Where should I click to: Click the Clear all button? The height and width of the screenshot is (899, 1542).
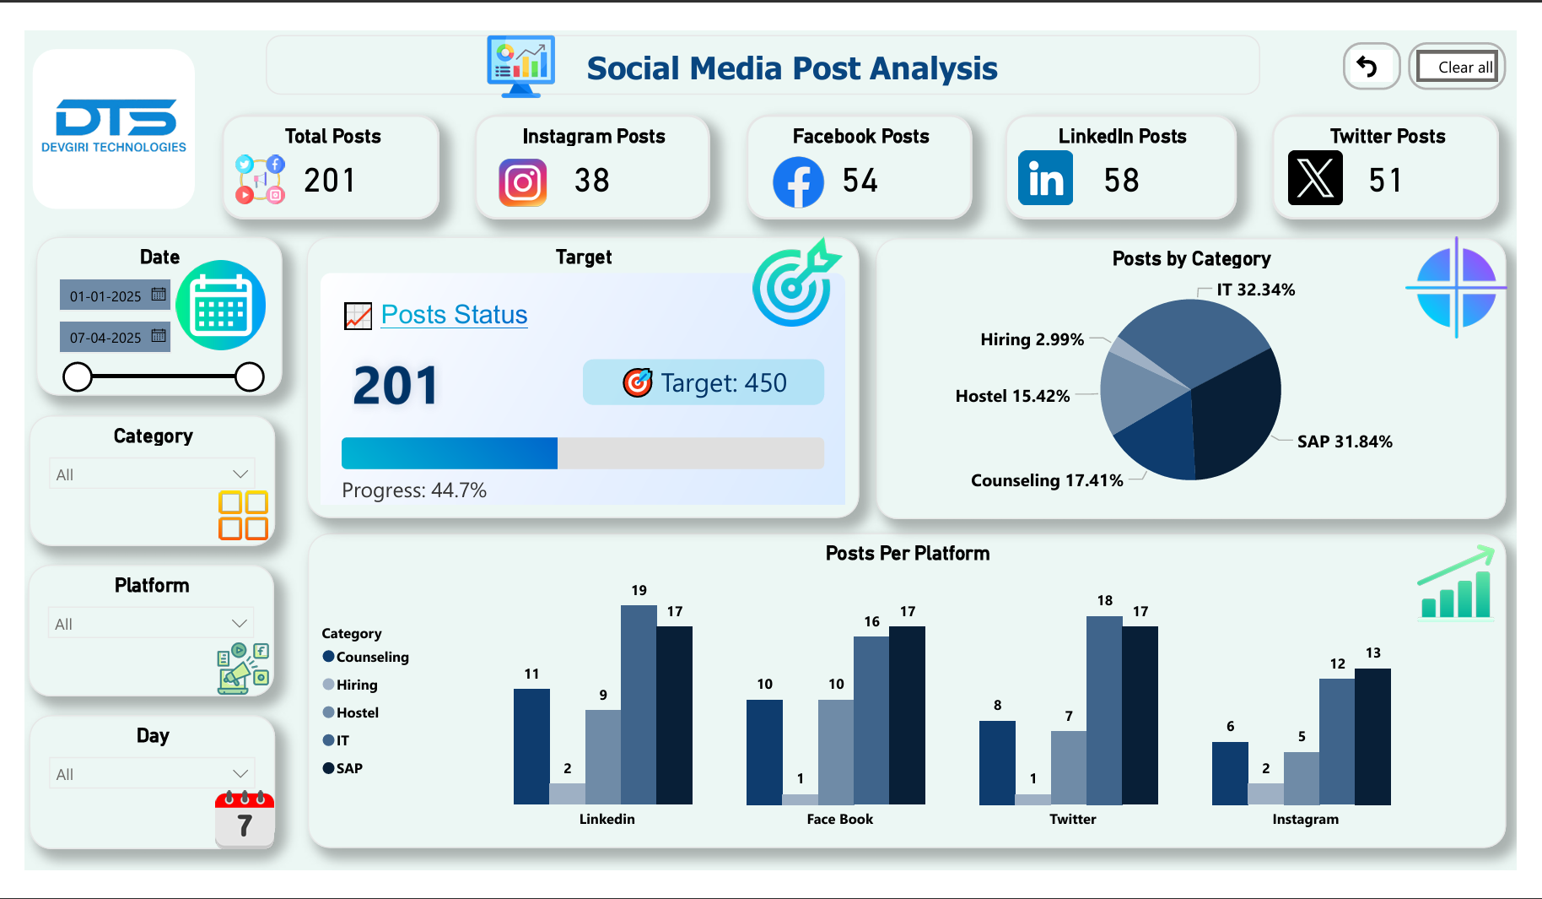point(1457,67)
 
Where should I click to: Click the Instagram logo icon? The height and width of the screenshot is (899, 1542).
point(523,182)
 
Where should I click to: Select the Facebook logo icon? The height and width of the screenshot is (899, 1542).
point(798,182)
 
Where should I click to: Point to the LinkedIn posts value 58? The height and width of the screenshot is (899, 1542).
point(1121,181)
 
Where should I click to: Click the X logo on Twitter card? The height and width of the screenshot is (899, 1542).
point(1315,178)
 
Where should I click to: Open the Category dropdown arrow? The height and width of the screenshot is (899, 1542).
point(240,474)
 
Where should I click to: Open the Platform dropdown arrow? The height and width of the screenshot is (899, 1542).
point(240,624)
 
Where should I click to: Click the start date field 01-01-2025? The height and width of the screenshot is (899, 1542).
point(105,296)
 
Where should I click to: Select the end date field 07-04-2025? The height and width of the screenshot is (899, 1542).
point(105,338)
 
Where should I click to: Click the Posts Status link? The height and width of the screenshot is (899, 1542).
point(454,315)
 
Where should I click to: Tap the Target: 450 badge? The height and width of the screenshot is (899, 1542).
point(704,383)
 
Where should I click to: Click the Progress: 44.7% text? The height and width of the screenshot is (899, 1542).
point(414,490)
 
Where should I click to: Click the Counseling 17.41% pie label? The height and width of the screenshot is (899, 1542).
point(1047,480)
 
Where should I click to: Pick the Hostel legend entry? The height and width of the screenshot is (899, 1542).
point(357,712)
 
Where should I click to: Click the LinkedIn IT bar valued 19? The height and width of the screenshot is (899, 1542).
point(639,705)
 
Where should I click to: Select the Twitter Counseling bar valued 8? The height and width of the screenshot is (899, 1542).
point(997,762)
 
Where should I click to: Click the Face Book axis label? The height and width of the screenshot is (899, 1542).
point(839,819)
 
